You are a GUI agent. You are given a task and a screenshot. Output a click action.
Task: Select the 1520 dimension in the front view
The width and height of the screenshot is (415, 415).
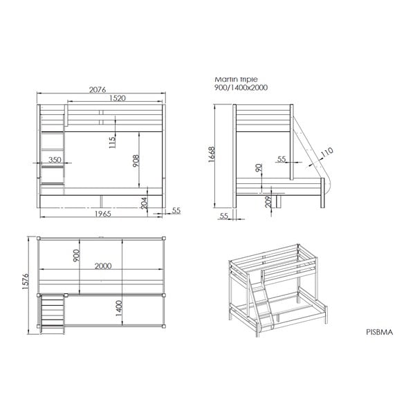(116, 99)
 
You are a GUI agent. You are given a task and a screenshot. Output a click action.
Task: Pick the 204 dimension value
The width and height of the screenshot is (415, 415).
(144, 203)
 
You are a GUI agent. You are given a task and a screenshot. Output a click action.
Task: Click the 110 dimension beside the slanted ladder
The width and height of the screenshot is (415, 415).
(326, 151)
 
